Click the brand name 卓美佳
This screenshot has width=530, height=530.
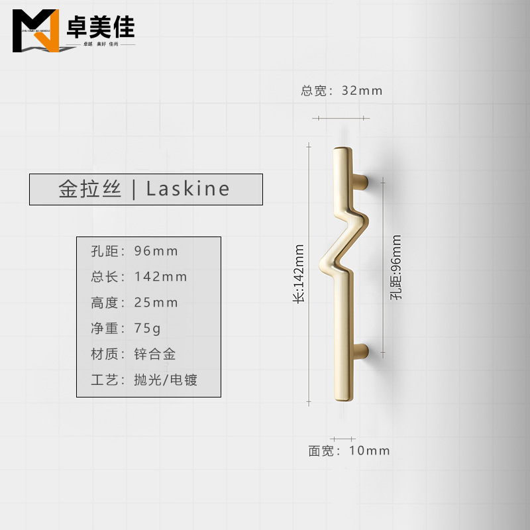[100, 27]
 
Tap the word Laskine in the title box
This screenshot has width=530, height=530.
[188, 189]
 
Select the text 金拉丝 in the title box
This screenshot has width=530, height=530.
[90, 189]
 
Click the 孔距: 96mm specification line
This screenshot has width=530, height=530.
[134, 251]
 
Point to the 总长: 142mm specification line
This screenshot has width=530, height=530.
[139, 277]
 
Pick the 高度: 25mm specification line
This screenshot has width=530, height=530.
[134, 303]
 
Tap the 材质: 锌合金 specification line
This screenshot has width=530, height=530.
[133, 354]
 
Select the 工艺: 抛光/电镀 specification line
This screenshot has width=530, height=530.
[144, 380]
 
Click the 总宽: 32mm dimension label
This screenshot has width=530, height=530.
[342, 91]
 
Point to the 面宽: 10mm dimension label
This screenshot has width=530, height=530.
[349, 451]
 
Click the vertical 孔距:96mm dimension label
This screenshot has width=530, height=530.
[396, 268]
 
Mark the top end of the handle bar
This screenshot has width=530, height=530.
[343, 150]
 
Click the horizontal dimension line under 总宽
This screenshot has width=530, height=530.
[341, 118]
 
